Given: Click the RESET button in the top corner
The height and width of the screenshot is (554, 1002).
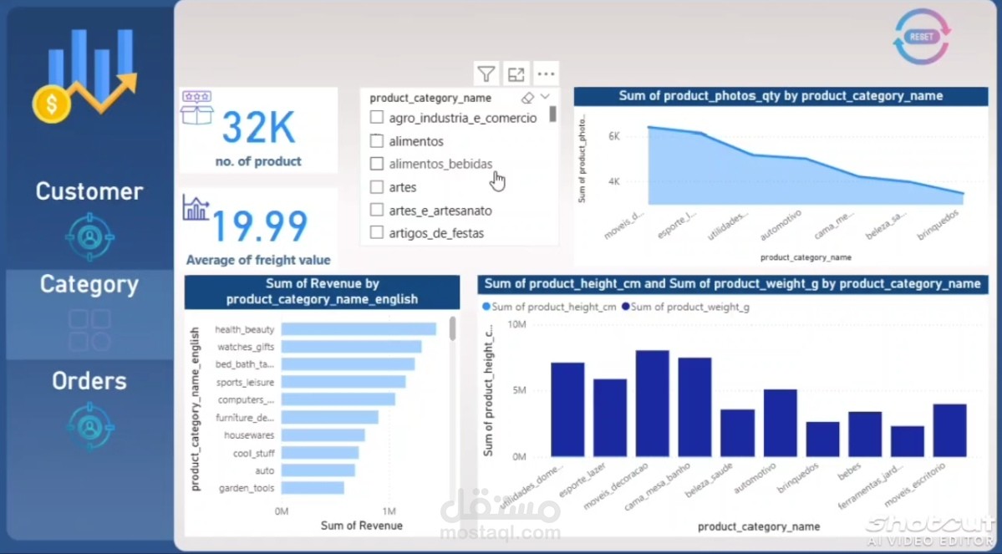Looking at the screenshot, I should tap(921, 37).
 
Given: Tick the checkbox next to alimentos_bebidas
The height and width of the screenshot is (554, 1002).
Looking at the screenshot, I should tap(377, 164).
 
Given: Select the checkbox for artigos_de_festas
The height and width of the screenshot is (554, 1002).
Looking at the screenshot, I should tap(377, 233).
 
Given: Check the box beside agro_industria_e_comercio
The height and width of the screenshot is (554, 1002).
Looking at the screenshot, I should tap(377, 118).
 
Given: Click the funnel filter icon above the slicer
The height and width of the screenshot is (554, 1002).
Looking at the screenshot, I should tap(486, 74).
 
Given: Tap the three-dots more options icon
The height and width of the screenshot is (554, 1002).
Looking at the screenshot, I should tap(546, 74).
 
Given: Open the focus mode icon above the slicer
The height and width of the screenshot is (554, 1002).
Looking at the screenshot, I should tap(516, 74).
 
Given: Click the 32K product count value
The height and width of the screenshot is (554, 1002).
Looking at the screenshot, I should tap(258, 129).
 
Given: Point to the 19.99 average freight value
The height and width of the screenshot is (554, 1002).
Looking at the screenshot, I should tap(259, 226).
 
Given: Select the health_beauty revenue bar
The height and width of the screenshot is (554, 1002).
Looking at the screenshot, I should tap(358, 329).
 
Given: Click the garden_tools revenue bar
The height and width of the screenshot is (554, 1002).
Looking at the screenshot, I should tap(312, 487).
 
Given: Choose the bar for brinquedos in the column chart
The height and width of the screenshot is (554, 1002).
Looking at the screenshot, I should tap(822, 439).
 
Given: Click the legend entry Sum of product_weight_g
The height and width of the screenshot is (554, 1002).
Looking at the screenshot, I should tap(689, 307).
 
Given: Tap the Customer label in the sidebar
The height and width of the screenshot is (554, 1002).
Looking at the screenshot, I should tap(89, 191).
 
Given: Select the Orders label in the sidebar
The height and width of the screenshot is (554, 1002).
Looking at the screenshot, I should tap(89, 381).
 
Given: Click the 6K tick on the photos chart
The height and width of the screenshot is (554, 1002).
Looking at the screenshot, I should tap(613, 136).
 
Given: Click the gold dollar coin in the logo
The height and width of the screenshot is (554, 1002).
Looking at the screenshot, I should tap(51, 104).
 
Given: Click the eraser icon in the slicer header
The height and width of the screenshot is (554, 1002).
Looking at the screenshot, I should tap(526, 98).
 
